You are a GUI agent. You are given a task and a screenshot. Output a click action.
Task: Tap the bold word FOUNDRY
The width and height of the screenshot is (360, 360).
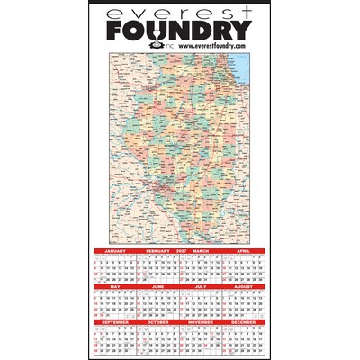coord(180,30)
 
